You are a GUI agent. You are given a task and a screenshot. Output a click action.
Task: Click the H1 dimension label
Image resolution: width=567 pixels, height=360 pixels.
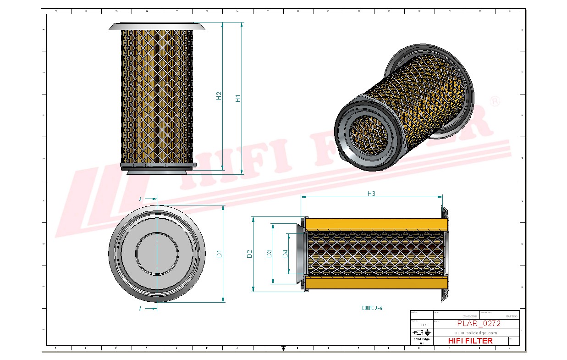click(x=238, y=98)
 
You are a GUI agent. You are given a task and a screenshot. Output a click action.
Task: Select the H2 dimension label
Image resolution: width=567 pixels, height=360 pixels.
click(x=219, y=95)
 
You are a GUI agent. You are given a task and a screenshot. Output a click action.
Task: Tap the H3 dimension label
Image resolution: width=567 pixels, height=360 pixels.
click(x=371, y=194)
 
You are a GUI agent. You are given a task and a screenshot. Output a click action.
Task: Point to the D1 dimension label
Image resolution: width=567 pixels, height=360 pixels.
click(x=219, y=254)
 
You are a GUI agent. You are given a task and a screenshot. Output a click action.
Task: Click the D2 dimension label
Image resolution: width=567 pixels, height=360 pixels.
click(x=249, y=254)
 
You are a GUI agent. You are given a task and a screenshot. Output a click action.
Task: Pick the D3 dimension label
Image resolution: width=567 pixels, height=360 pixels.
click(x=269, y=254)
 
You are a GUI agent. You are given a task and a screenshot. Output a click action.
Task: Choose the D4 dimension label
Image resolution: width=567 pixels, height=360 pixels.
click(x=285, y=253)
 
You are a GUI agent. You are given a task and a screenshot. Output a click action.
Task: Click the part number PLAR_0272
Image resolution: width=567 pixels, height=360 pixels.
click(x=479, y=323)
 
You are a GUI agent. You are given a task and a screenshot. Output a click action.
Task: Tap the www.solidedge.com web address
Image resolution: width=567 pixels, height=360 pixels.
click(x=476, y=332)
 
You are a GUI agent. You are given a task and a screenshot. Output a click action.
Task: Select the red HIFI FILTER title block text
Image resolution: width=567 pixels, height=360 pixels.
click(x=470, y=341)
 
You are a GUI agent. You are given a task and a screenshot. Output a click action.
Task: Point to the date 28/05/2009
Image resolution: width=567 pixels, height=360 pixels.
click(x=471, y=316)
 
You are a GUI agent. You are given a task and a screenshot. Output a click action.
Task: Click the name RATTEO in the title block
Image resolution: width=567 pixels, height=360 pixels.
click(x=511, y=316)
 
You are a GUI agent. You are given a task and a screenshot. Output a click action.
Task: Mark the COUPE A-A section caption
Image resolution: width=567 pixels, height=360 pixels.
click(x=372, y=308)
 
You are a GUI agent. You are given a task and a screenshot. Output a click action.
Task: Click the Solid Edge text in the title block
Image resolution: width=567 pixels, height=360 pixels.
click(x=421, y=339)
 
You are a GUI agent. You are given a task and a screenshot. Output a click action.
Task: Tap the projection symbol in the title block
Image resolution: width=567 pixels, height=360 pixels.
click(x=421, y=332)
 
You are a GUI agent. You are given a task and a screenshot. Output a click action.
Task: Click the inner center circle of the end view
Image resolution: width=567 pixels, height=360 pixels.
click(x=157, y=253)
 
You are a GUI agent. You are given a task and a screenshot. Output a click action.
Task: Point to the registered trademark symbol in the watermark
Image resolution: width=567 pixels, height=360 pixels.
click(x=495, y=101)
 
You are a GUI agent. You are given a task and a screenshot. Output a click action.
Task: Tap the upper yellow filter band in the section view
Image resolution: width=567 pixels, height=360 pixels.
click(x=376, y=224)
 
